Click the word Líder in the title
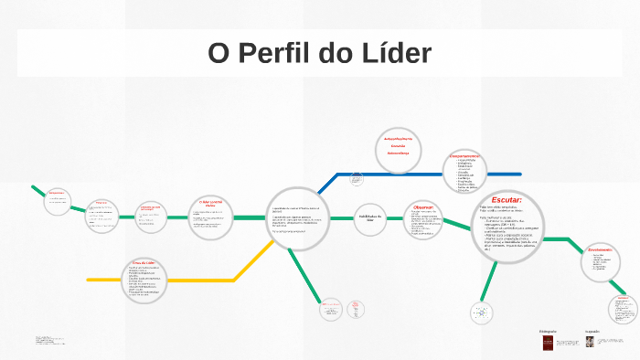[x=398, y=52]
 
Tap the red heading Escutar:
[x=507, y=199]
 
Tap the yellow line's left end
[x=89, y=280]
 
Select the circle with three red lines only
[x=398, y=146]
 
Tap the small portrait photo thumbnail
[x=590, y=341]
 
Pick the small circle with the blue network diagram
[x=481, y=312]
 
